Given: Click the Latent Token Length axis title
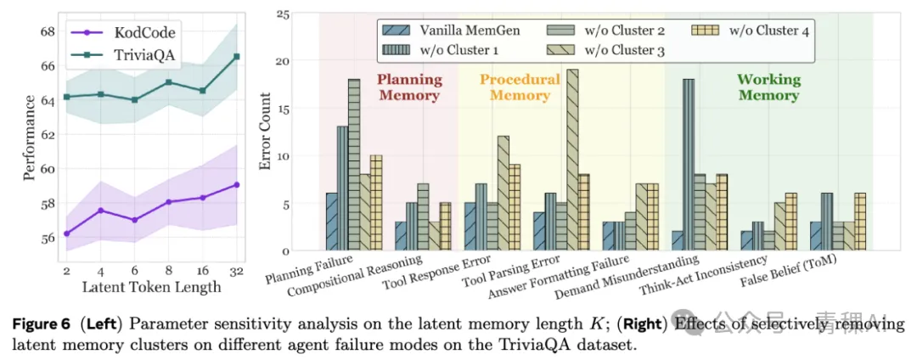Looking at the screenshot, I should pyautogui.click(x=151, y=286).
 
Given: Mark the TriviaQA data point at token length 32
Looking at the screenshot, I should pyautogui.click(x=236, y=56).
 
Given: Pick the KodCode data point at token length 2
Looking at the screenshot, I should pyautogui.click(x=67, y=233).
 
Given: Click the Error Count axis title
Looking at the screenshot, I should pyautogui.click(x=266, y=132).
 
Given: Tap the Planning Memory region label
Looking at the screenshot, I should pyautogui.click(x=409, y=87).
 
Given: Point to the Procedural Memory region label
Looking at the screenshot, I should pyautogui.click(x=520, y=87).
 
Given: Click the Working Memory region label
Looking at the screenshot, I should pyautogui.click(x=768, y=87).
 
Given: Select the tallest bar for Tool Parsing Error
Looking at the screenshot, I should pyautogui.click(x=572, y=160).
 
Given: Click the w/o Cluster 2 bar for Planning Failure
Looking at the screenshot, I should pyautogui.click(x=354, y=165).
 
